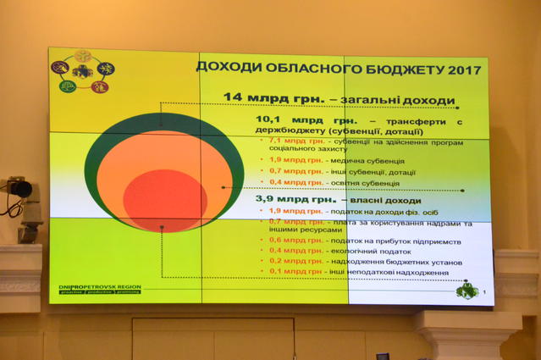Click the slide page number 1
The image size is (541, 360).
click(484, 293)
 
